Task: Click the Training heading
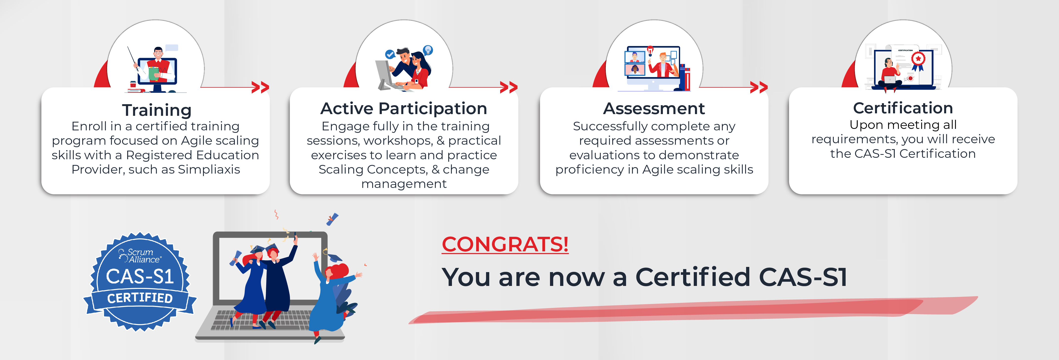[x=157, y=110]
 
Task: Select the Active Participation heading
[x=404, y=108]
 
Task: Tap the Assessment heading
[x=654, y=108]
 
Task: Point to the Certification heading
[x=903, y=108]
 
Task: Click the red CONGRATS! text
[x=505, y=244]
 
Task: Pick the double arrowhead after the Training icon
[x=260, y=87]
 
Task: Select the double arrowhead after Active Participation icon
[x=509, y=87]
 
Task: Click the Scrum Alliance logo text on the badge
[x=141, y=256]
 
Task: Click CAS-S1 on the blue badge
[x=140, y=277]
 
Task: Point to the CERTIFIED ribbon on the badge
[x=140, y=298]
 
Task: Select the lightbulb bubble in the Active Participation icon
[x=428, y=50]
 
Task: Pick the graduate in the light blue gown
[x=329, y=300]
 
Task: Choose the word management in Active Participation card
[x=404, y=184]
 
